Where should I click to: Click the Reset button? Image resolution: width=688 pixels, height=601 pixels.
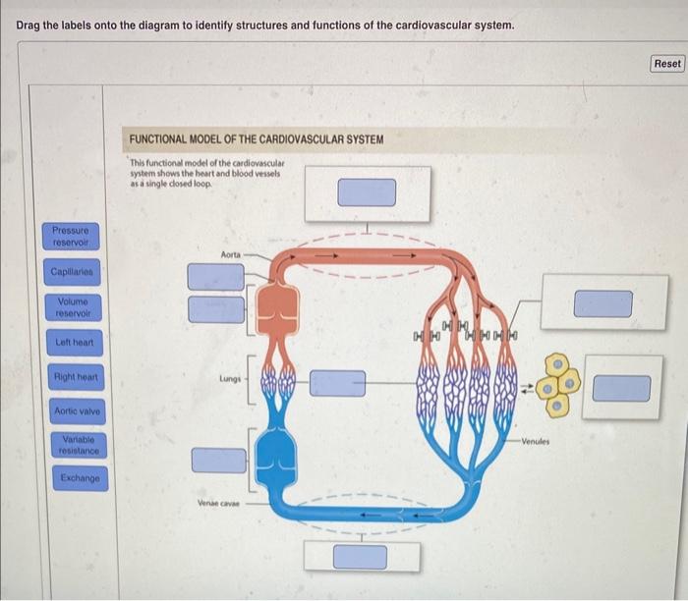[666, 63]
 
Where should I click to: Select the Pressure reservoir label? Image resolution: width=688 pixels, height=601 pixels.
[70, 237]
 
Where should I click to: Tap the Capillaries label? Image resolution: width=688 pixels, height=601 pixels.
[70, 271]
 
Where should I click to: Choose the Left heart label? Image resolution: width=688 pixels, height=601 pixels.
[71, 343]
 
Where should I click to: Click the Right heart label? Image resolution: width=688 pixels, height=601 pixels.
[72, 377]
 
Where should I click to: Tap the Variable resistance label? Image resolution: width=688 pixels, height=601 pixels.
[72, 444]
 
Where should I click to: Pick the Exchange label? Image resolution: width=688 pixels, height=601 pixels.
[72, 478]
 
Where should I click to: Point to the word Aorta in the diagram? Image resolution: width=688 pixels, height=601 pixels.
[230, 254]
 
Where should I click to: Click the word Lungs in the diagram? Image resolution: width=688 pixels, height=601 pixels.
[230, 377]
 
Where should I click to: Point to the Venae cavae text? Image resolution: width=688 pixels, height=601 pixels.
[219, 504]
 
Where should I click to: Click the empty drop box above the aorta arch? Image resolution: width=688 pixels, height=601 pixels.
[367, 192]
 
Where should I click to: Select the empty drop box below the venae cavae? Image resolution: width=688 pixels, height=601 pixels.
[360, 556]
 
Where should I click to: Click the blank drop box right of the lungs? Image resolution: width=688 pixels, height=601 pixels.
[337, 383]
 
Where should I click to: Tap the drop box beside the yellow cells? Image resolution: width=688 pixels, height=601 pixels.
[621, 388]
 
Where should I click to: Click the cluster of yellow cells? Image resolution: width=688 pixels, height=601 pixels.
[561, 384]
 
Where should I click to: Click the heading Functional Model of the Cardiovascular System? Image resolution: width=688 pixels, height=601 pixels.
[257, 139]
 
